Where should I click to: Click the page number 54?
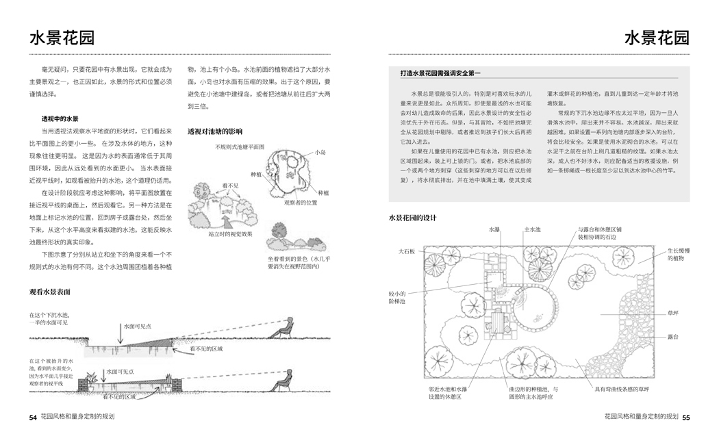coord(33,417)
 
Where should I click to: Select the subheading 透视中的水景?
coord(60,118)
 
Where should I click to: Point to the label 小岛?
coord(320,151)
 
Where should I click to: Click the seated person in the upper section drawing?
coord(286,328)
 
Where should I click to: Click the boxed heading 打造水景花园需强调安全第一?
coord(442,73)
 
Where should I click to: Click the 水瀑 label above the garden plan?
coord(495,230)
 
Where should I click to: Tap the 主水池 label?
coord(532,230)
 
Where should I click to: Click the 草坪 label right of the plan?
coord(674,314)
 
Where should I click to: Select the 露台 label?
coord(674,337)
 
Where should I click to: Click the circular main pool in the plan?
coord(536,307)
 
